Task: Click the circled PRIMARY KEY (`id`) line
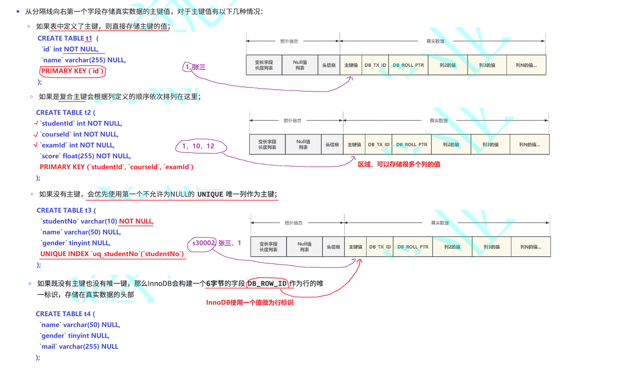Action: pyautogui.click(x=72, y=71)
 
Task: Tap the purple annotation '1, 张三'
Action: pyautogui.click(x=195, y=67)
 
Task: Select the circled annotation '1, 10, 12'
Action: pyautogui.click(x=199, y=146)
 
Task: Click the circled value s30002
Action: pyautogui.click(x=203, y=243)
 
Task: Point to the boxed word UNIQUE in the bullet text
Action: pyautogui.click(x=210, y=194)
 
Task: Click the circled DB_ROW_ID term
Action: pyautogui.click(x=267, y=283)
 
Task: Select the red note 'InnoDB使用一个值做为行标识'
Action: pyautogui.click(x=250, y=302)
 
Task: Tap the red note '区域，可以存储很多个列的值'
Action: pyautogui.click(x=399, y=164)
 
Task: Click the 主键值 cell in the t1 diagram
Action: pyautogui.click(x=351, y=65)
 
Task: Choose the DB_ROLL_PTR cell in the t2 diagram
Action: pyautogui.click(x=411, y=145)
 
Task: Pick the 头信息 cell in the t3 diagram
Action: pyautogui.click(x=333, y=247)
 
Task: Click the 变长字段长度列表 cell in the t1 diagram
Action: pyautogui.click(x=264, y=65)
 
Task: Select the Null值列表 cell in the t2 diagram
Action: pyautogui.click(x=303, y=145)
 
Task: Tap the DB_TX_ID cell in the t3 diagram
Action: pyautogui.click(x=380, y=247)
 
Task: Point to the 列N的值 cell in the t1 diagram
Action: pyautogui.click(x=526, y=65)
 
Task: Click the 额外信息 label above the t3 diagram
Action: pyautogui.click(x=293, y=223)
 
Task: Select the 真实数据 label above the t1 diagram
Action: pyautogui.click(x=435, y=41)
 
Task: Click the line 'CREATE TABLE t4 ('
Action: pyautogui.click(x=65, y=314)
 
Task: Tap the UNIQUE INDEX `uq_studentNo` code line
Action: pyautogui.click(x=112, y=254)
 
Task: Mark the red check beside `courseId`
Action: pyautogui.click(x=35, y=134)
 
